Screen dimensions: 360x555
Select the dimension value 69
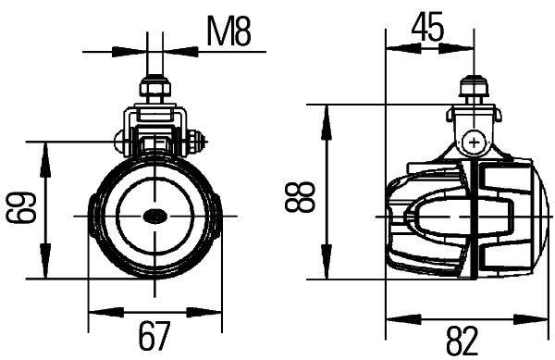[x=20, y=210]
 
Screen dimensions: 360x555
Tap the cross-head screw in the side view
[x=475, y=143]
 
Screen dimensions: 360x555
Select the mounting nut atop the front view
[x=154, y=90]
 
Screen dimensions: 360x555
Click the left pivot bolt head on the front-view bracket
[x=118, y=144]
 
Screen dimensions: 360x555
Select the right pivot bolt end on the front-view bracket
[x=195, y=144]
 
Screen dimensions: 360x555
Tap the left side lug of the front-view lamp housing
[x=92, y=216]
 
